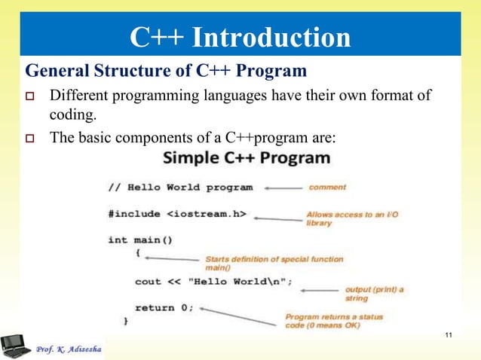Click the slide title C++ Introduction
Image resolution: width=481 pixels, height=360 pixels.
[240, 38]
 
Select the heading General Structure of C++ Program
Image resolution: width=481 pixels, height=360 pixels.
[166, 72]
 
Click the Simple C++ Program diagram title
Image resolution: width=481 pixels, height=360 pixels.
[247, 159]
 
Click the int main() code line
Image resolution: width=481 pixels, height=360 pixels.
[140, 240]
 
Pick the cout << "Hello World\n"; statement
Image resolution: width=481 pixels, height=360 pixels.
[213, 281]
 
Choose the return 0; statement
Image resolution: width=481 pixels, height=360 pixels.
[164, 307]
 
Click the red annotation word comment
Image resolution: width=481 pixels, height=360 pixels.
[327, 187]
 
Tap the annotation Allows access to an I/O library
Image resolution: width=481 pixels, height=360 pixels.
[351, 218]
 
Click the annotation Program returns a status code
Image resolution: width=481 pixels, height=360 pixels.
[333, 321]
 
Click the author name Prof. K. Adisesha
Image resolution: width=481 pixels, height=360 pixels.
[72, 348]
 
